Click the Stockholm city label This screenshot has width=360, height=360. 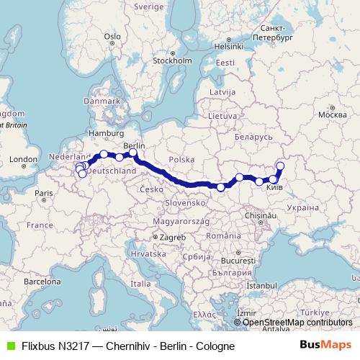click(171, 60)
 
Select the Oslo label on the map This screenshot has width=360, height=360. click(112, 35)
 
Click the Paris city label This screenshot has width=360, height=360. click(44, 193)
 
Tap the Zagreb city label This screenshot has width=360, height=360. click(174, 237)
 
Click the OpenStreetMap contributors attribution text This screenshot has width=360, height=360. click(297, 322)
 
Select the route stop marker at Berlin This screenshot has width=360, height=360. click(133, 153)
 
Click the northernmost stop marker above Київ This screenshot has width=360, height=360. click(280, 166)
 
